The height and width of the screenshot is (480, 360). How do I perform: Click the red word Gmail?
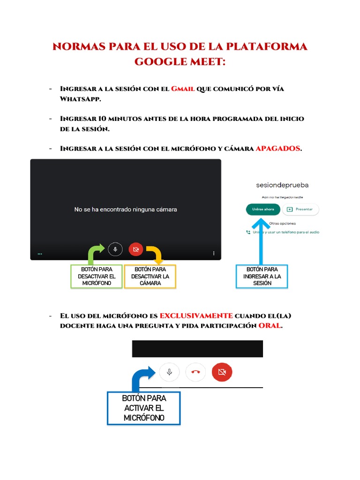pos(183,89)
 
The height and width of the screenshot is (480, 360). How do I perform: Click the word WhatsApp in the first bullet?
pos(80,99)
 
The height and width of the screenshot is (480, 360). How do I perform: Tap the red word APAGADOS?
pos(278,149)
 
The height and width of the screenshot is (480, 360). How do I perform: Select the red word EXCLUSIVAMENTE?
pos(196,315)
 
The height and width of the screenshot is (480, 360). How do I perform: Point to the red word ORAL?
pos(270,326)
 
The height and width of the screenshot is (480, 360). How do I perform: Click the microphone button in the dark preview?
pos(115,249)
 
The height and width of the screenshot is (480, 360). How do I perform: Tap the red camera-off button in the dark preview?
pos(136,249)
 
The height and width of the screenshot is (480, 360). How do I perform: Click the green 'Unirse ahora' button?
pos(263,210)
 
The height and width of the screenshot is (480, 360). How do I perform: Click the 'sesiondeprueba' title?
pos(282,185)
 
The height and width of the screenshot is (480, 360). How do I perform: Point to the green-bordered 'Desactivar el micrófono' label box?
pos(97,277)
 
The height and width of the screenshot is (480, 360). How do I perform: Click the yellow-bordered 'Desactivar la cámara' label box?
pos(150,277)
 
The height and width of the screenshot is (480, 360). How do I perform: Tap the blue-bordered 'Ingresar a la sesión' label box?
pos(262,277)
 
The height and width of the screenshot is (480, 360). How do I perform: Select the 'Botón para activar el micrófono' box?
pos(144,408)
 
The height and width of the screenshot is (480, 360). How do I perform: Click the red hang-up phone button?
pos(196,372)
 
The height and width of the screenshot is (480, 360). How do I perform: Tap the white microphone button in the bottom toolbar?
pos(170,372)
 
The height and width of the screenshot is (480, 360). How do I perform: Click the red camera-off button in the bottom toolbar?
pos(222,372)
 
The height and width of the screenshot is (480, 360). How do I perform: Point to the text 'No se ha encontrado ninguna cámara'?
pos(126,210)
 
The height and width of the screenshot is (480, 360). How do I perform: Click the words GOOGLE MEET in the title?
pos(180,61)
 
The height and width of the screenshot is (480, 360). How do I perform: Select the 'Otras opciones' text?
pos(282,224)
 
